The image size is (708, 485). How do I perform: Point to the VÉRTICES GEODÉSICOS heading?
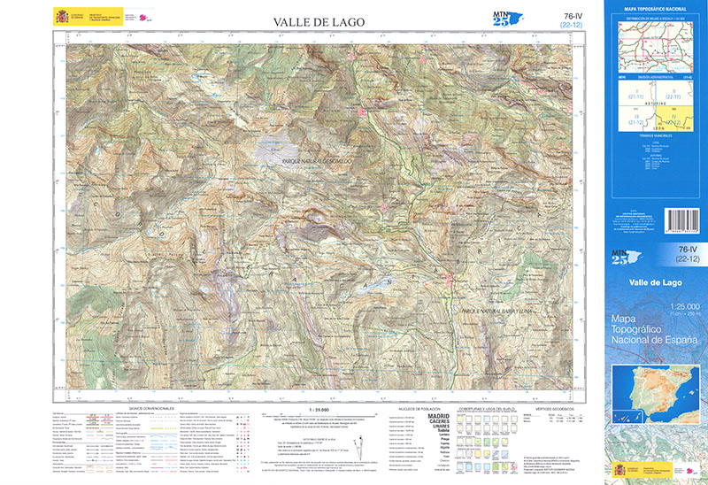[555, 410]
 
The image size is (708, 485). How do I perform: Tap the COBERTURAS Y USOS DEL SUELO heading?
[485, 410]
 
